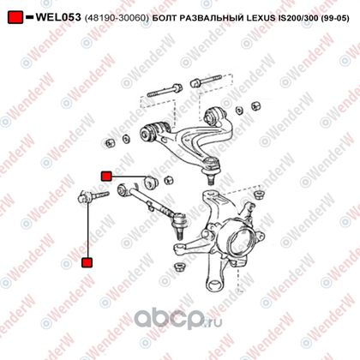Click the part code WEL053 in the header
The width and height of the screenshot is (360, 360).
[x=58, y=17]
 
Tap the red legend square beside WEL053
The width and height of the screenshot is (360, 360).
[x=15, y=17]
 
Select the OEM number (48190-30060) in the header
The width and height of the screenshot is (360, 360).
[x=117, y=18]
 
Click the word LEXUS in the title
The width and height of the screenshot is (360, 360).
[x=261, y=18]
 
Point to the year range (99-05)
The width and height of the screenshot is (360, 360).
[x=335, y=18]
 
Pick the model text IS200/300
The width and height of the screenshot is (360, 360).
[x=298, y=18]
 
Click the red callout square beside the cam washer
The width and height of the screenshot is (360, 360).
[x=106, y=177]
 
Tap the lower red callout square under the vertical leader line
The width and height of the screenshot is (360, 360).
[x=87, y=262]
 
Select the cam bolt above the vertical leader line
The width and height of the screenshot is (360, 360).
[x=93, y=196]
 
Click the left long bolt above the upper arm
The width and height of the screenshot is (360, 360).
[x=165, y=90]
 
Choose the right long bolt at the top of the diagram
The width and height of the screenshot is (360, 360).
[x=206, y=81]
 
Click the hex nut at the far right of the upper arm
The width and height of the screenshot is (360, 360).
[x=255, y=105]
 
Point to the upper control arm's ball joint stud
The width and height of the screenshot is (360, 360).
[x=211, y=179]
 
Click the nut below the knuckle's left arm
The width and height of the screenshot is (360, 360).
[x=179, y=267]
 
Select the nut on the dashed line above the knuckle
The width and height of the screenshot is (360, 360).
[x=258, y=195]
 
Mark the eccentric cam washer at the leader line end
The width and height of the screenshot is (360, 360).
[x=151, y=182]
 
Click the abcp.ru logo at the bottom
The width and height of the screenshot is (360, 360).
[x=177, y=318]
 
